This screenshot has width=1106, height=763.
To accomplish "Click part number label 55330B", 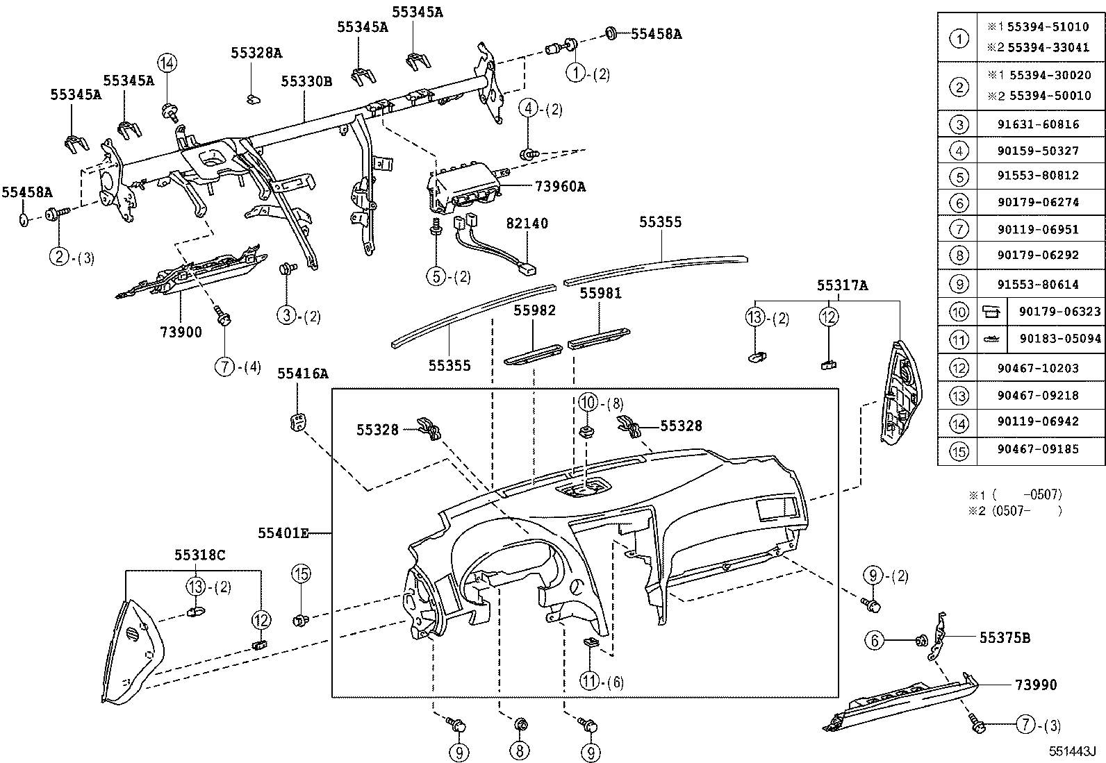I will pos(306,81).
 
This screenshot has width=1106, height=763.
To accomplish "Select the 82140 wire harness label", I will pos(527,224).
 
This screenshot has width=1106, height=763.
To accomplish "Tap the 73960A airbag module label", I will pos(560,186).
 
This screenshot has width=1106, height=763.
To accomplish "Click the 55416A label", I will pos(302,374).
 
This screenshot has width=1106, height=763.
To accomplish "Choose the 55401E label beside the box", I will pos(283,533).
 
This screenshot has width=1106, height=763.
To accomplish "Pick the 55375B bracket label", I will pos(1005,637).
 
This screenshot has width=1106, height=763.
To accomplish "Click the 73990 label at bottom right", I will pos(1036,685).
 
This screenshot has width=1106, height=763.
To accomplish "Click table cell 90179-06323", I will pos(1059,312).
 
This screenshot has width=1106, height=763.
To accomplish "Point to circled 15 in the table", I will pos(959,451).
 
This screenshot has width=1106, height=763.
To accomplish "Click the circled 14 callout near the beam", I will pos(166,63).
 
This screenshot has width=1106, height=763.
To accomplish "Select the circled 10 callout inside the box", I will pos(588,402).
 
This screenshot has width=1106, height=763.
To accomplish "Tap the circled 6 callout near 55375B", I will pos(875,640).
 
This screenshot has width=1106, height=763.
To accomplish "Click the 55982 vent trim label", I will pos(534,310).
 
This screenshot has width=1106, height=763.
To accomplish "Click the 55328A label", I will pos(256,53).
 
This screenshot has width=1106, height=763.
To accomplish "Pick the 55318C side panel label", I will pos(199,555).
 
